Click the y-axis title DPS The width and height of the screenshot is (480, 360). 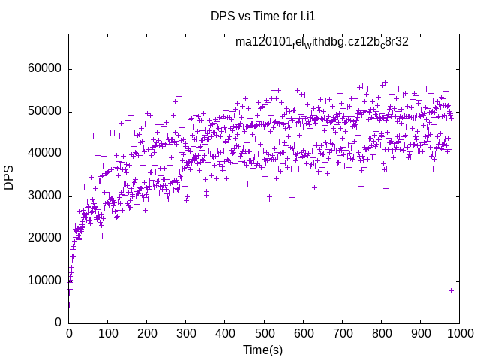coord(9,178)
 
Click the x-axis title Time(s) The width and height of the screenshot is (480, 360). coord(262,350)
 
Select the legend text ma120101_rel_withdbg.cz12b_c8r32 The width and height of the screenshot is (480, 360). coord(322,42)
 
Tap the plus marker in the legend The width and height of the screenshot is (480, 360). coord(431,43)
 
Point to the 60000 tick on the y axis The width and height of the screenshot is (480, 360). coord(43,69)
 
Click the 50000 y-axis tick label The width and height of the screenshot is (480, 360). coord(43,112)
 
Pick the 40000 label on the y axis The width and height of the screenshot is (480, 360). coord(43,154)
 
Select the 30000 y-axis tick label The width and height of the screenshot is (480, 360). coord(43,196)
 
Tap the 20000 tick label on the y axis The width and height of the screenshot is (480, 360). coord(43,238)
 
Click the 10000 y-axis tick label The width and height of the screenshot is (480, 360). coord(43,280)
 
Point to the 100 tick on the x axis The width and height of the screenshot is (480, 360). coord(108,332)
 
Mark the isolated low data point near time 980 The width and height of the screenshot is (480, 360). coord(451,290)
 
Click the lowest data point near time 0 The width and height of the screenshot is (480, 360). coord(69,304)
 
